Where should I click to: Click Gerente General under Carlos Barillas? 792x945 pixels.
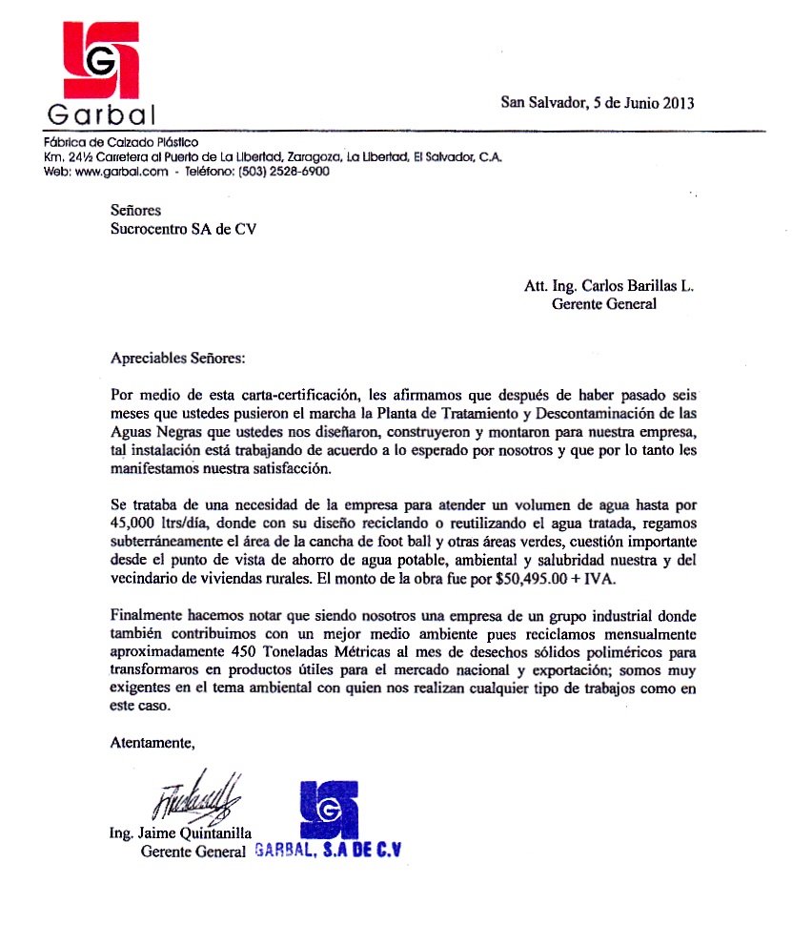tap(604, 304)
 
